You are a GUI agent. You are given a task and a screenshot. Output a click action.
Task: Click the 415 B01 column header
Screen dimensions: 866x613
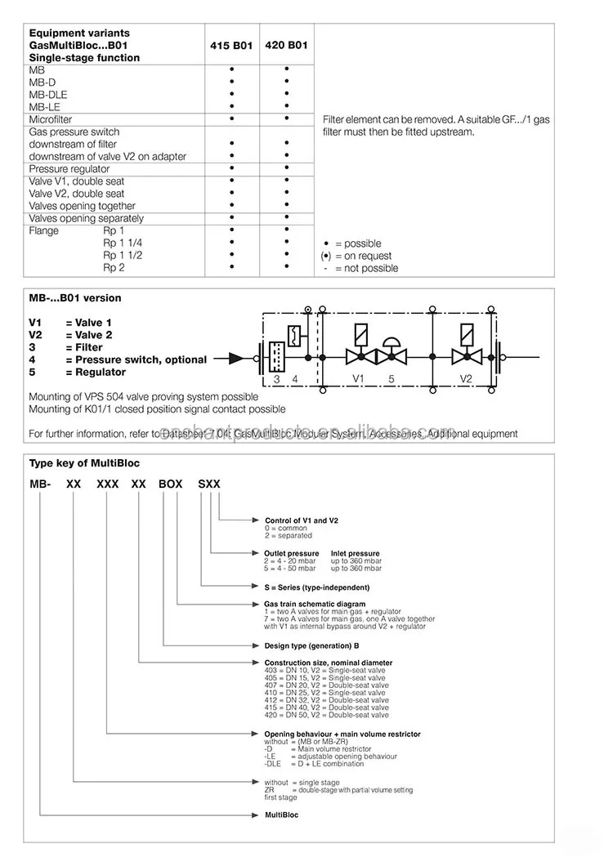(x=231, y=46)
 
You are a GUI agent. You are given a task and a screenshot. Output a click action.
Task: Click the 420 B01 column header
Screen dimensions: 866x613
(x=287, y=46)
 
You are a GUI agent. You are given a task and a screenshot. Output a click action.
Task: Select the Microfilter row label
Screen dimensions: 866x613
(x=51, y=119)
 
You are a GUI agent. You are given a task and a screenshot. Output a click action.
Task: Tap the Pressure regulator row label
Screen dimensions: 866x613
(x=69, y=169)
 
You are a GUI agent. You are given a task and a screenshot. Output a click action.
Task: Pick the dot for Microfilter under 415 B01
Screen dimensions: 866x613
(x=232, y=119)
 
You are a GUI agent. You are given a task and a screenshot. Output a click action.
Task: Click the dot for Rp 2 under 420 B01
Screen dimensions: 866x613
(x=287, y=267)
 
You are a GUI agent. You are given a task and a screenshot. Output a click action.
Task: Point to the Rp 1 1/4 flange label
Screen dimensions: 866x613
(x=123, y=243)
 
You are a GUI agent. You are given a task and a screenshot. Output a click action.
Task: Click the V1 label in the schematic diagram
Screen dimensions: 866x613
(x=357, y=378)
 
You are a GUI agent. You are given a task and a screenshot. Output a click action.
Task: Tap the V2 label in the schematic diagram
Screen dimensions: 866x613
(x=466, y=378)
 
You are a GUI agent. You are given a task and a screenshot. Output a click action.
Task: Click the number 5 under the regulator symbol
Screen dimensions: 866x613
(x=391, y=378)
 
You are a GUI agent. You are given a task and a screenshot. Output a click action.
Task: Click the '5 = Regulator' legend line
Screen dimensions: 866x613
(x=77, y=372)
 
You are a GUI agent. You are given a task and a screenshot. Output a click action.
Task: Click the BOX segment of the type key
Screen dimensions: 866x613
(x=171, y=484)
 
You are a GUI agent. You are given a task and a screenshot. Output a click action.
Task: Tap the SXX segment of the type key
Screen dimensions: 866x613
(x=209, y=484)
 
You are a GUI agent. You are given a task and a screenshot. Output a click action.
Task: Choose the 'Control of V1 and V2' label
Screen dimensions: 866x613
(x=302, y=520)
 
